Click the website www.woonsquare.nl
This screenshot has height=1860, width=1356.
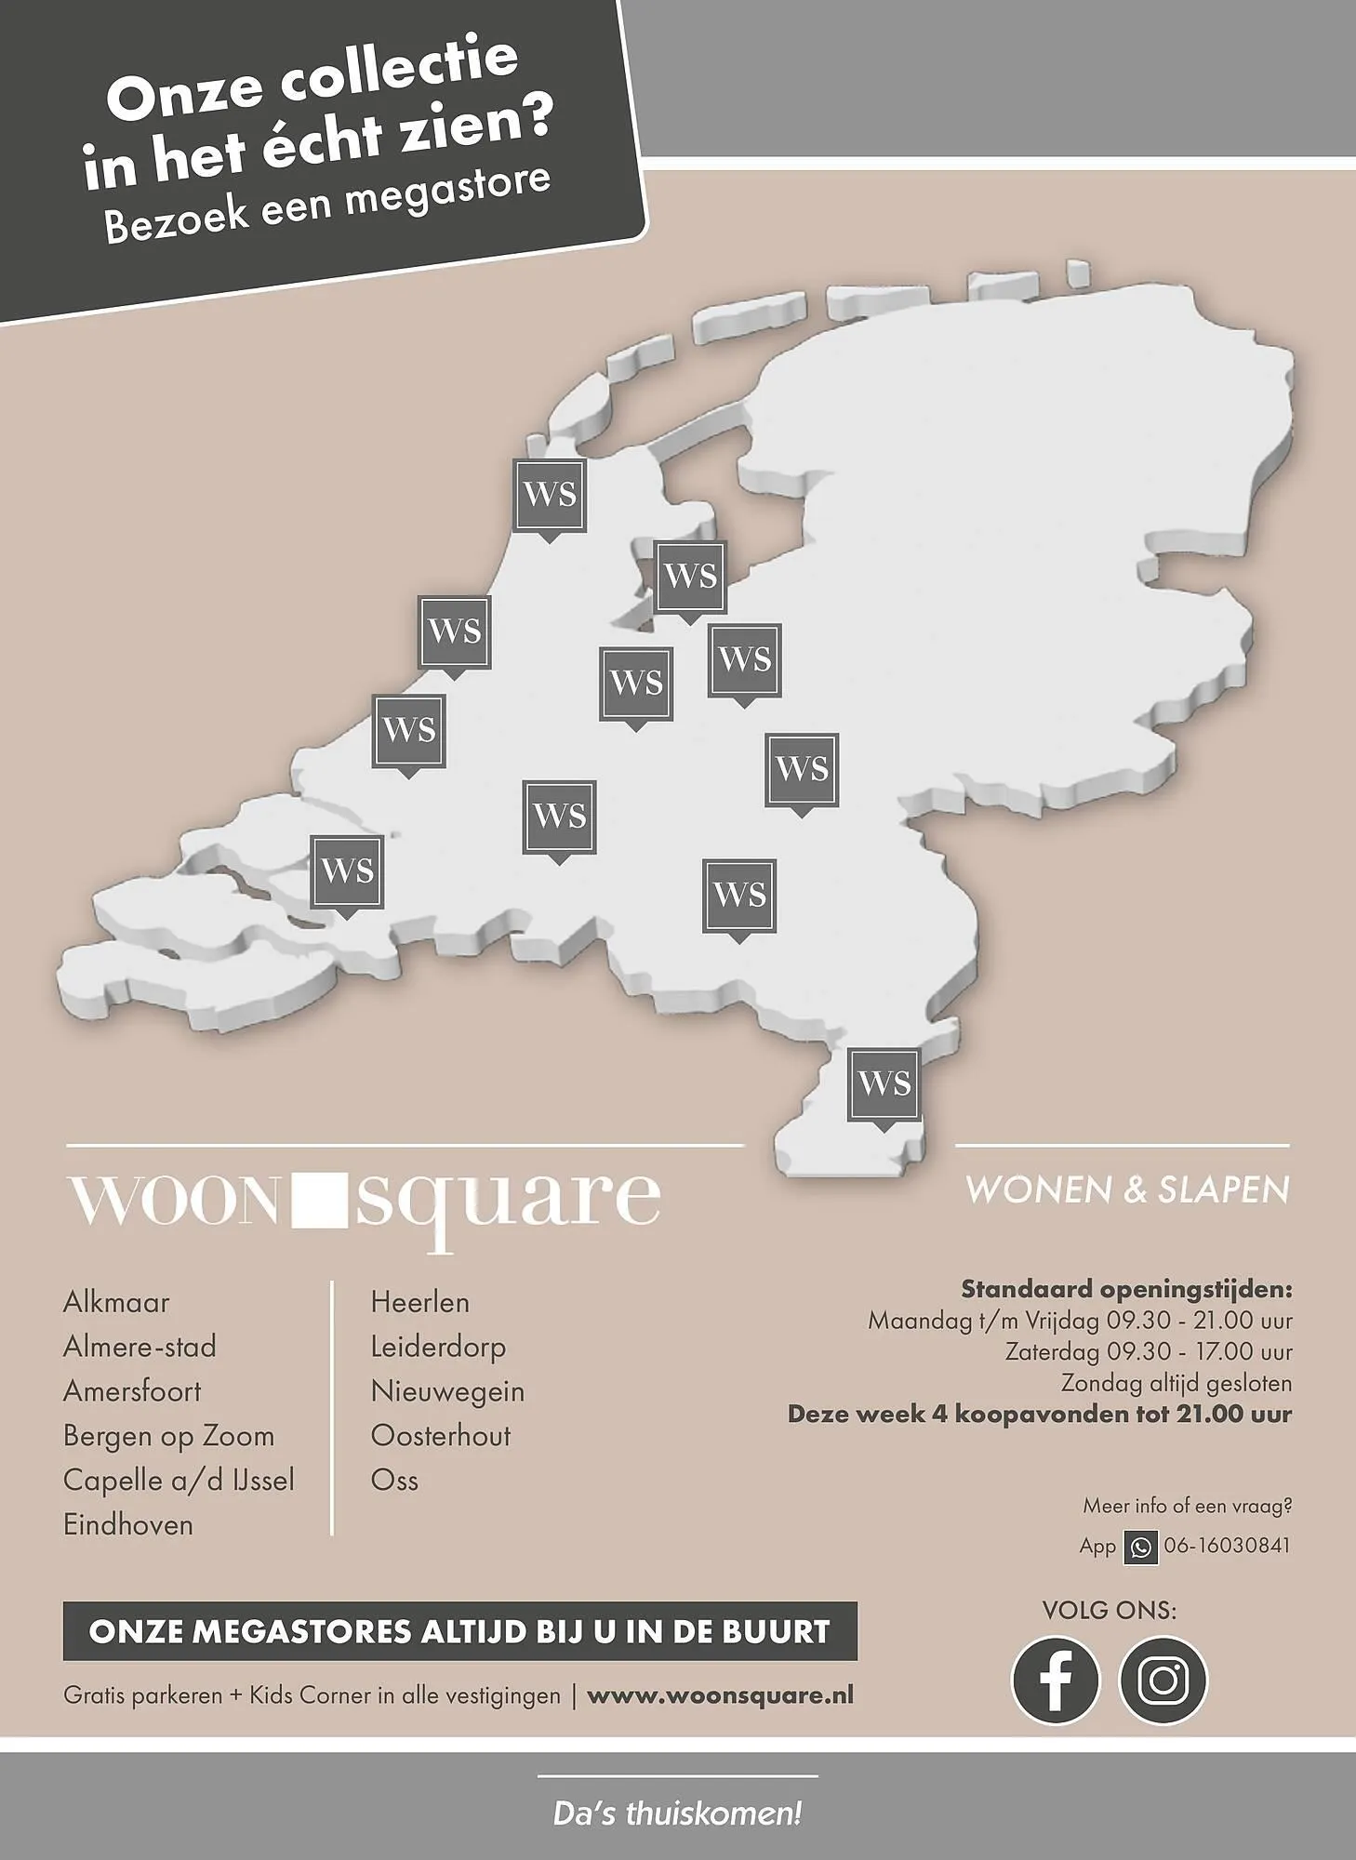point(720,1695)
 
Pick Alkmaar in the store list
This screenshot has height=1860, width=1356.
point(116,1302)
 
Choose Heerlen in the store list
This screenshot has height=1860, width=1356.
point(419,1302)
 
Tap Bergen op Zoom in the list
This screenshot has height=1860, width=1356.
point(168,1436)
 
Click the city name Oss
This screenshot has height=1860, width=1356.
point(394,1481)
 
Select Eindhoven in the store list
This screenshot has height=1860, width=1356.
point(128,1525)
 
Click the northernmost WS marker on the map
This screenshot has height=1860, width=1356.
point(550,496)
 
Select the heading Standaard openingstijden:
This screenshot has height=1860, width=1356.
point(1126,1290)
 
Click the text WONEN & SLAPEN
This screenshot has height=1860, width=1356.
point(1127,1190)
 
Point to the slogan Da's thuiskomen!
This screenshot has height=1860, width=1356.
point(677,1813)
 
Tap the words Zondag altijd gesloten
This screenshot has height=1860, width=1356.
point(1177,1384)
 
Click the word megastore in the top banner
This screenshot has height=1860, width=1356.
point(449,191)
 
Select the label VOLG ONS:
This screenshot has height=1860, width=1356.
point(1109,1610)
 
